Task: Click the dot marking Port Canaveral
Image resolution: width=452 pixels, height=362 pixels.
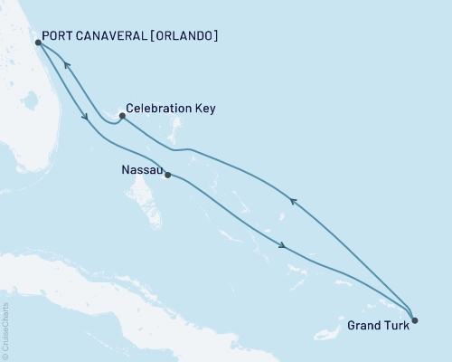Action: [x=37, y=42]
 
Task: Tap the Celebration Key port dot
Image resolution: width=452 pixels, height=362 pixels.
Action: [x=122, y=116]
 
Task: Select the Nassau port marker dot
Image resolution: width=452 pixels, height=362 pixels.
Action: [x=168, y=175]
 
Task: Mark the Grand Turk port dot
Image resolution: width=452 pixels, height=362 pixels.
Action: [x=414, y=319]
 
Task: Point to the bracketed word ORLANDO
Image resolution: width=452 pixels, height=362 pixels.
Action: [x=187, y=37]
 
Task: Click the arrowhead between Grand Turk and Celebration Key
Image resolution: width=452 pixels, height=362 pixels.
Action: [x=291, y=200]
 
